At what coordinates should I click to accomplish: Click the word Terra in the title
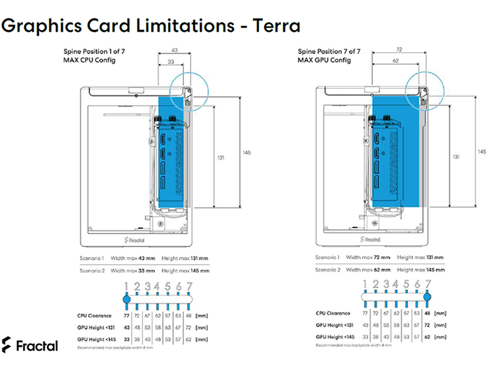(x=272, y=26)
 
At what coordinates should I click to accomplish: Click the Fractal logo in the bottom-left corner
(x=30, y=345)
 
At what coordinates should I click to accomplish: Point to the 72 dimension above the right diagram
(x=399, y=48)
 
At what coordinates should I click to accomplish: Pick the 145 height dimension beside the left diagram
(x=246, y=152)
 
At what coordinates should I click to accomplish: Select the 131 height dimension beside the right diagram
(x=455, y=157)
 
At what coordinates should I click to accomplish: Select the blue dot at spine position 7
(x=427, y=297)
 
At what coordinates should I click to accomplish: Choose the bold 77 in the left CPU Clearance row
(x=127, y=316)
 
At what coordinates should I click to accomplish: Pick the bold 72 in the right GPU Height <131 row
(x=427, y=325)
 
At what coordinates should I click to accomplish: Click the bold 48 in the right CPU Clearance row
(x=427, y=313)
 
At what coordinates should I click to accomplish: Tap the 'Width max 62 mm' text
(x=367, y=269)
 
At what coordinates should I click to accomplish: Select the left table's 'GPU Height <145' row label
(x=95, y=338)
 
